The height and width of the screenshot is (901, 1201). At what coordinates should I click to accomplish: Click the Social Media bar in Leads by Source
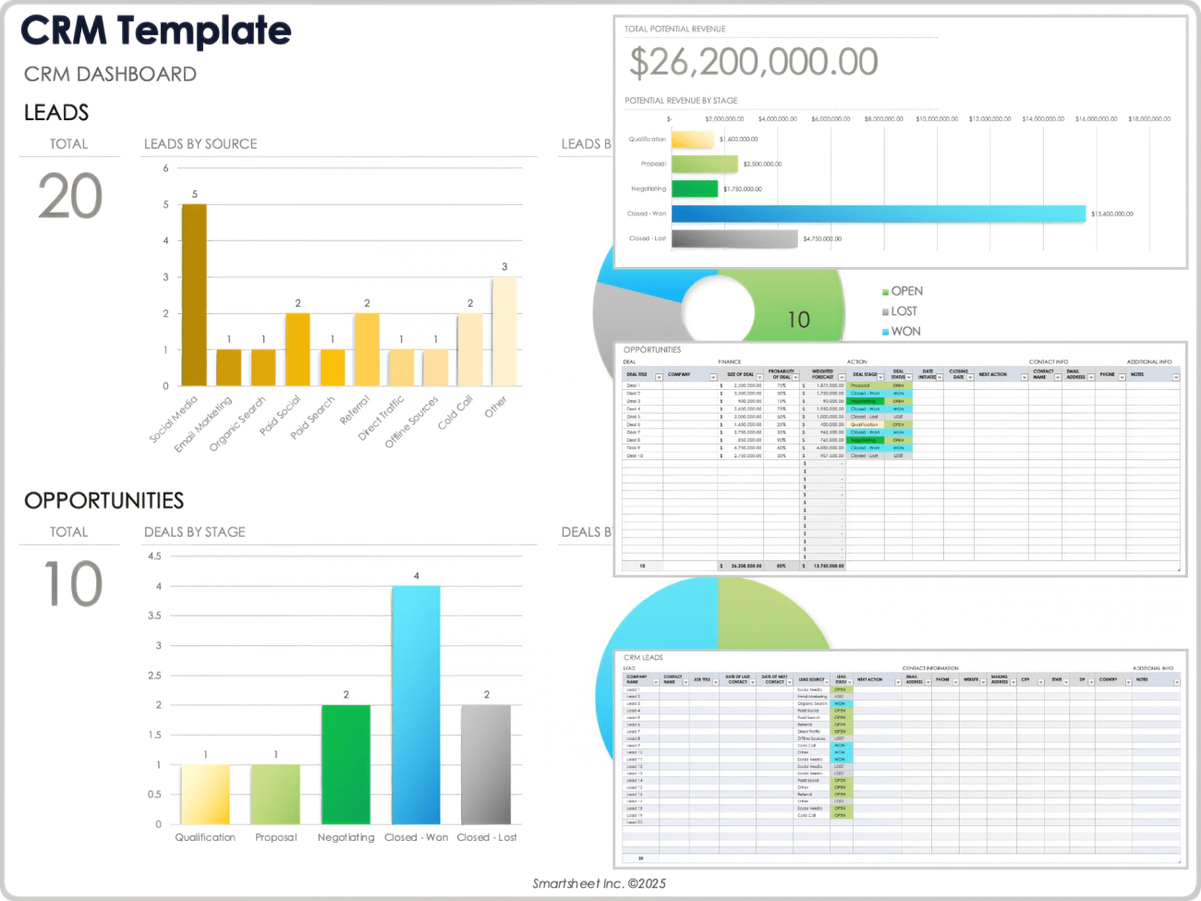point(194,294)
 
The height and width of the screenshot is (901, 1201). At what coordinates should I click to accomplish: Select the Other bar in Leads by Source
point(504,331)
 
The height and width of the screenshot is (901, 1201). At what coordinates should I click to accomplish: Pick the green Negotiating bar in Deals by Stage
point(346,764)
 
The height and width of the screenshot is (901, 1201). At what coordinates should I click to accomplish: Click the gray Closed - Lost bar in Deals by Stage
point(486,764)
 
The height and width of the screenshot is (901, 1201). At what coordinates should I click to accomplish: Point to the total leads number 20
point(70,197)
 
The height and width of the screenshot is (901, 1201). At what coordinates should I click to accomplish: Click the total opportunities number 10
point(73,584)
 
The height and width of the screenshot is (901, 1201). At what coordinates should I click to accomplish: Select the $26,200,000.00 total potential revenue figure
point(754,63)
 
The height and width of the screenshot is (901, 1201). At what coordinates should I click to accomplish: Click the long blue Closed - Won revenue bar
point(878,213)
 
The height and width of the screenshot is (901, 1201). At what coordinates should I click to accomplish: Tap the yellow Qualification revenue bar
point(692,140)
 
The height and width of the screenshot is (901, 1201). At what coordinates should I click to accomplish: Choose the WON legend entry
point(905,331)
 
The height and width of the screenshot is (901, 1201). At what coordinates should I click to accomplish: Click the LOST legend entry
point(904,311)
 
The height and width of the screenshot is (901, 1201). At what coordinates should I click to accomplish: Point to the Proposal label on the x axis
point(276,837)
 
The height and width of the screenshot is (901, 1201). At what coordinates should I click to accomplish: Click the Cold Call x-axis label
point(455,412)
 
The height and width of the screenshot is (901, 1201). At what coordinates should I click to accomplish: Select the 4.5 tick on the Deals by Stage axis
point(154,556)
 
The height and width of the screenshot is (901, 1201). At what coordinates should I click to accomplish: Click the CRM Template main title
point(156,31)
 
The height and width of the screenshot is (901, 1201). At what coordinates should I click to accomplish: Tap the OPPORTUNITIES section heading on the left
point(104,501)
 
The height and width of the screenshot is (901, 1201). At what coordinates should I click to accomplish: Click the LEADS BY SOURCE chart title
point(200,144)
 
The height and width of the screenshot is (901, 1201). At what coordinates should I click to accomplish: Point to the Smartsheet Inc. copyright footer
point(599,883)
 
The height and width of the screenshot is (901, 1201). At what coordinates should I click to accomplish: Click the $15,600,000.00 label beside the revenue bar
point(1112,214)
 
